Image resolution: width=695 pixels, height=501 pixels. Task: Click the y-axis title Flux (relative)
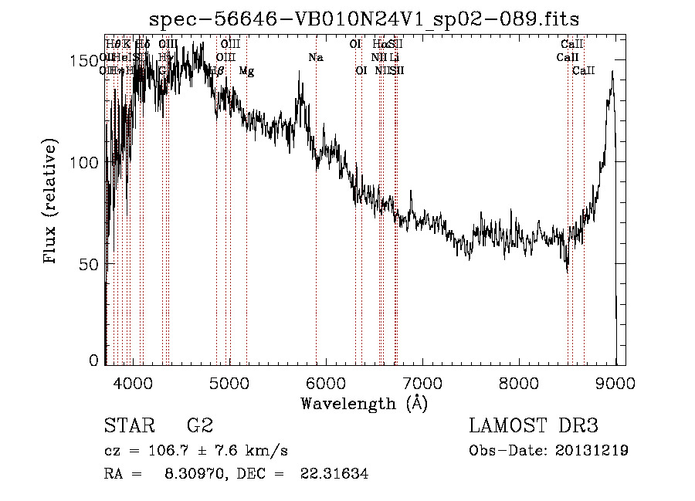(x=52, y=203)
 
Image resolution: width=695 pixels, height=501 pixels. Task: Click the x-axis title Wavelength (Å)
(x=364, y=403)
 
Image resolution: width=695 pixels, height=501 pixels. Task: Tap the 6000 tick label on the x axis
(x=326, y=382)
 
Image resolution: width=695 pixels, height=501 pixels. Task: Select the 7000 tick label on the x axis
(x=422, y=382)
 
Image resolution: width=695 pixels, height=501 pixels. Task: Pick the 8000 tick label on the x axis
(x=519, y=382)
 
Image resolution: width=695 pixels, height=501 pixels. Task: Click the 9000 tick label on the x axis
(x=615, y=382)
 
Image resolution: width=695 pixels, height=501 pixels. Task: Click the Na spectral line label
(x=315, y=58)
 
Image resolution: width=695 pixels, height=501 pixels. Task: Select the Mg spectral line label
(x=246, y=71)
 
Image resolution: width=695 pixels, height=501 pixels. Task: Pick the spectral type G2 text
(x=200, y=426)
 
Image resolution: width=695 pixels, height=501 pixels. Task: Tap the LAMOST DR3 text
(x=533, y=426)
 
